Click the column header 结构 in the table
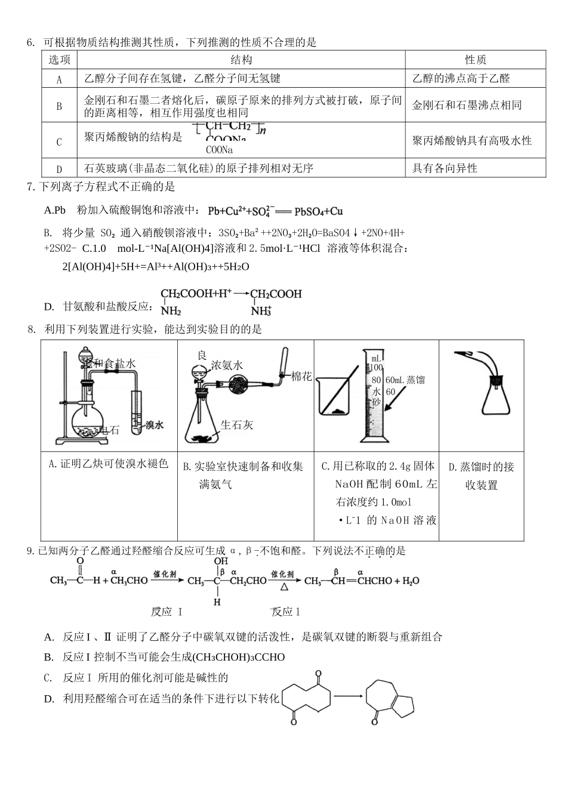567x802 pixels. [241, 60]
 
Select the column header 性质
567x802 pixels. [475, 60]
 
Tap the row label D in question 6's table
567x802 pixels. [59, 169]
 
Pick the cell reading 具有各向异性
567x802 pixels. [445, 168]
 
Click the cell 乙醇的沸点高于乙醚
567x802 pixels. [461, 78]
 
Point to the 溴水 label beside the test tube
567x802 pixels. [154, 425]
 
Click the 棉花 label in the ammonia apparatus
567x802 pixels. [301, 377]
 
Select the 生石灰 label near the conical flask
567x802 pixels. [237, 425]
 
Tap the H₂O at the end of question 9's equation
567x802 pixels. [411, 581]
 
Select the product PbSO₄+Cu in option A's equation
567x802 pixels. [318, 211]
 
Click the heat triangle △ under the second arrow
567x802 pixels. [285, 587]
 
